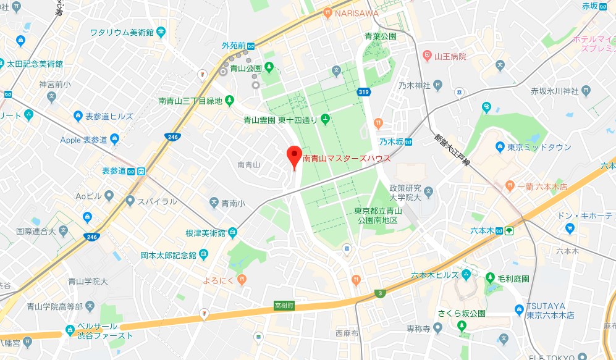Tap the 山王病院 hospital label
(x=450, y=56)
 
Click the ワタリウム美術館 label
(x=122, y=32)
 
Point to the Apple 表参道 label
(x=84, y=140)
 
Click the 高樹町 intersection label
(x=284, y=306)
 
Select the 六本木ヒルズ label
(x=435, y=275)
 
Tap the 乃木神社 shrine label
(x=415, y=85)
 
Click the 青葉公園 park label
(x=379, y=36)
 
